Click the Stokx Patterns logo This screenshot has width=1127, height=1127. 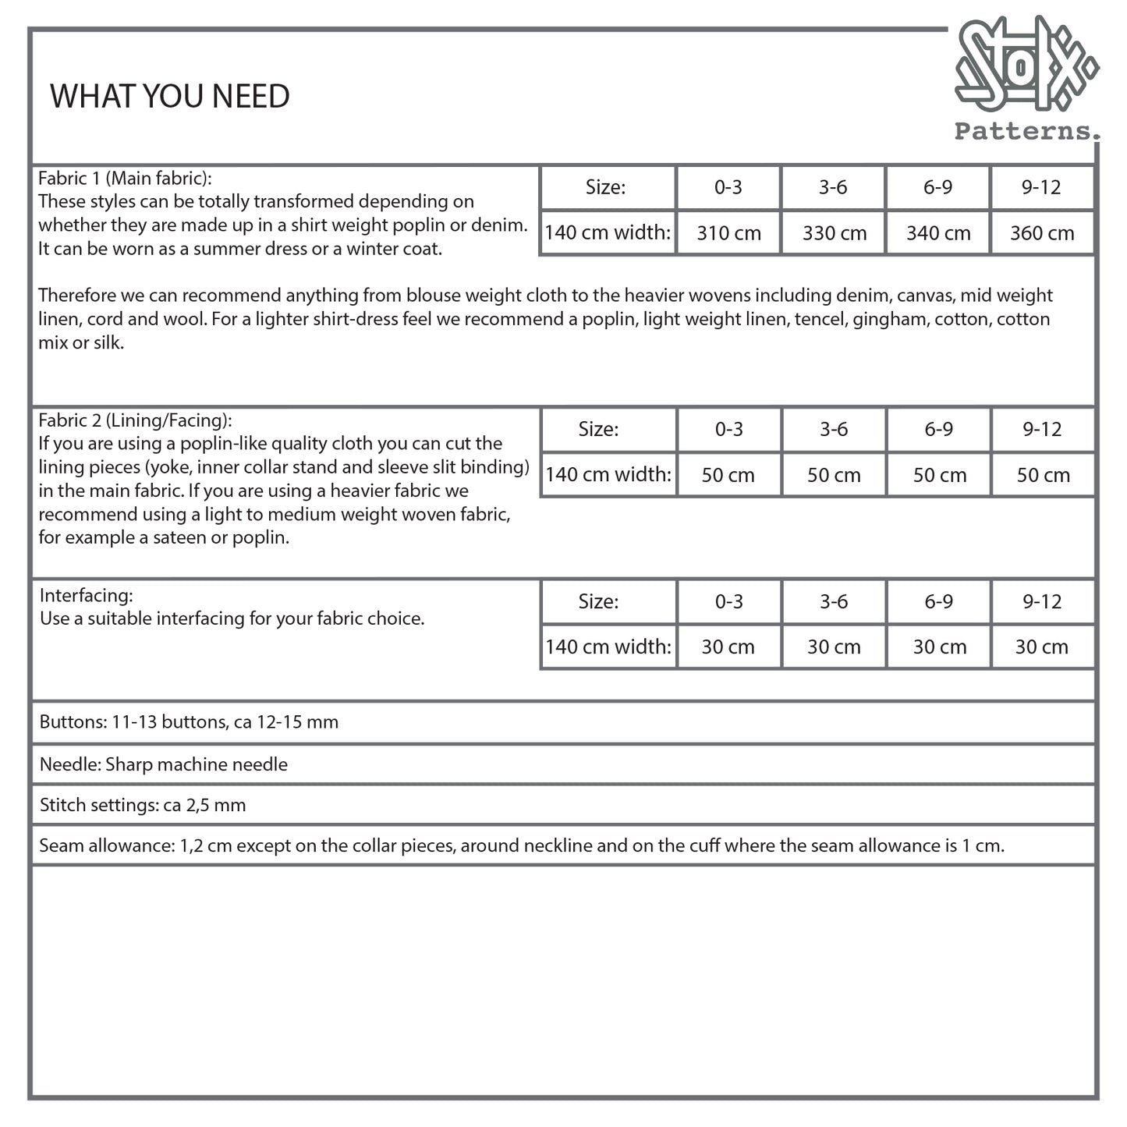[x=1026, y=78]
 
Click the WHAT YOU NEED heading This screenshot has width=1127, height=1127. [x=170, y=97]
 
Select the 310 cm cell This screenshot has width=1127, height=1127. [x=728, y=233]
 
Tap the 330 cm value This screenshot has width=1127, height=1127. [x=834, y=233]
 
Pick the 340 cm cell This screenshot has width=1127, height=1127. [x=938, y=233]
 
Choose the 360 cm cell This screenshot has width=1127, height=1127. [x=1042, y=233]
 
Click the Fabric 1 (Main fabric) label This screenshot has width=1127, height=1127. [x=125, y=178]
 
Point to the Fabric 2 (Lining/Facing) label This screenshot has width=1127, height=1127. [x=135, y=420]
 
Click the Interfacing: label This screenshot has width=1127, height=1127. [x=87, y=595]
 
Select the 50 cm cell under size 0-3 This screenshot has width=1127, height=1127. [x=728, y=475]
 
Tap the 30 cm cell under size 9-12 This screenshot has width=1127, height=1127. [x=1041, y=647]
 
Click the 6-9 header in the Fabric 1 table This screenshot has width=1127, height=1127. [x=937, y=187]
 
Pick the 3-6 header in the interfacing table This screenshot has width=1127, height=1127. [x=833, y=601]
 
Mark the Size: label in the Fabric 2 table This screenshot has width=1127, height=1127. [x=598, y=429]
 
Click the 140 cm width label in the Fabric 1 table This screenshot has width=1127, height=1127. [x=608, y=232]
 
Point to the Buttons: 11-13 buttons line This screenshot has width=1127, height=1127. [x=189, y=722]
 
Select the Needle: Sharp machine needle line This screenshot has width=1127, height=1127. [x=163, y=764]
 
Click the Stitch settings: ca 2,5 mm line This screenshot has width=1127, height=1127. [x=143, y=806]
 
